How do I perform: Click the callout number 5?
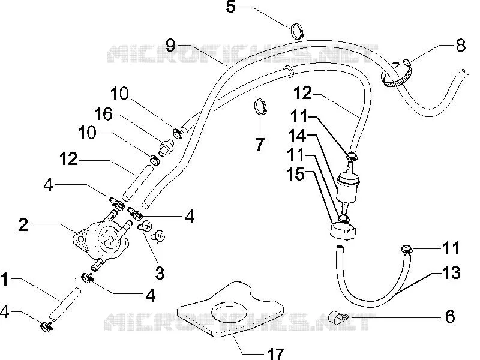point(231,7)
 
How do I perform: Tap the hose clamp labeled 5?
point(298,32)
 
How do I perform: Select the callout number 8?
point(460,46)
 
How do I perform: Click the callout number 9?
point(170,46)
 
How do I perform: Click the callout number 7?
point(260,145)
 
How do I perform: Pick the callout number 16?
point(103,114)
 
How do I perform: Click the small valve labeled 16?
point(166,147)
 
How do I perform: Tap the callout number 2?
point(23,224)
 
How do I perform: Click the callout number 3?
point(160,273)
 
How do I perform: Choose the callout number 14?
point(297,136)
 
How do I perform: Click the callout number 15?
point(295,174)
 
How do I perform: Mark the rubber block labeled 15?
point(343,230)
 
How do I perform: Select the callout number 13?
point(451,272)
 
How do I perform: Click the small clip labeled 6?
point(338,317)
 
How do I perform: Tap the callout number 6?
point(450,316)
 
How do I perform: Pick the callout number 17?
point(276,354)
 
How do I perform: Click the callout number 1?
point(4,280)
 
